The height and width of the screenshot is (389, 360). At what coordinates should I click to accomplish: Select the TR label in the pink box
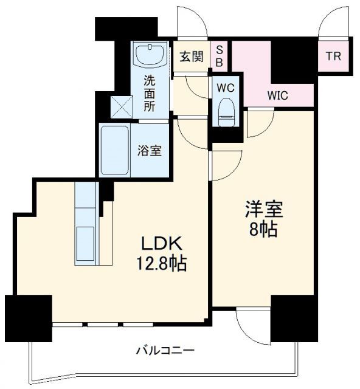click(x=333, y=57)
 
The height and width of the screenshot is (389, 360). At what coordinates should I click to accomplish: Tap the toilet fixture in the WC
click(x=226, y=112)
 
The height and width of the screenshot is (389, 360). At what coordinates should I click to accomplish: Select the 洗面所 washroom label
click(x=149, y=92)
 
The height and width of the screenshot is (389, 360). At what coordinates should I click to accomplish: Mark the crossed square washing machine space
click(x=120, y=108)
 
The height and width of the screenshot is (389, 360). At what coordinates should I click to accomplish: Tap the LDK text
click(x=162, y=244)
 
